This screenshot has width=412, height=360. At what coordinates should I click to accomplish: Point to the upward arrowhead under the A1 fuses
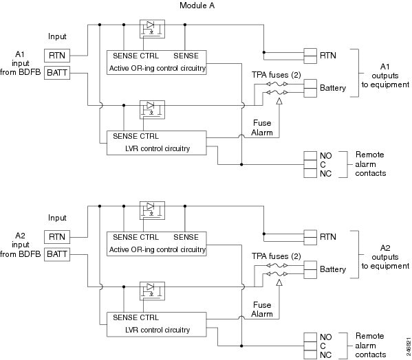click(x=279, y=101)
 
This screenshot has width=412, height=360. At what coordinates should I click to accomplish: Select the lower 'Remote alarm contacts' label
click(x=369, y=345)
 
